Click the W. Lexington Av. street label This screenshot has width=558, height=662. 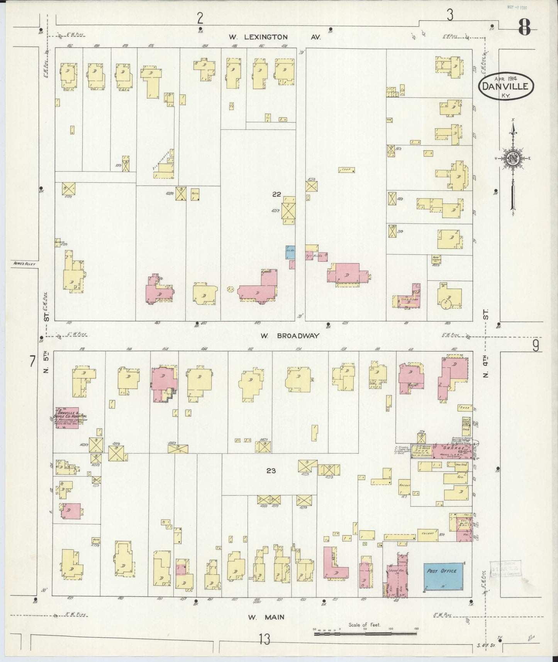pyautogui.click(x=275, y=37)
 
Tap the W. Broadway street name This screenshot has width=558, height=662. pyautogui.click(x=290, y=336)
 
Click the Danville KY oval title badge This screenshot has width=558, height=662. pyautogui.click(x=506, y=87)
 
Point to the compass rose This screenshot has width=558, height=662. pyautogui.click(x=512, y=158)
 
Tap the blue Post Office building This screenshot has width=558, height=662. pyautogui.click(x=442, y=575)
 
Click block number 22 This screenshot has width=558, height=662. pyautogui.click(x=276, y=194)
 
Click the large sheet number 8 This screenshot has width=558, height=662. pyautogui.click(x=524, y=27)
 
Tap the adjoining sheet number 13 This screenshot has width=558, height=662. pyautogui.click(x=265, y=639)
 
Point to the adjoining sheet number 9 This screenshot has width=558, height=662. pyautogui.click(x=536, y=346)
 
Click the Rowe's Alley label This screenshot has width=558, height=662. pyautogui.click(x=24, y=264)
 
